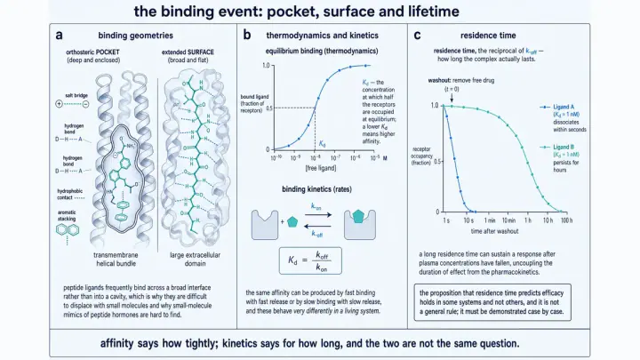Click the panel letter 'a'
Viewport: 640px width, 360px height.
click(x=60, y=36)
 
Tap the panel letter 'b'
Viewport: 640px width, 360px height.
click(x=247, y=35)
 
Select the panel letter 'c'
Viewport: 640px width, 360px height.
click(x=417, y=36)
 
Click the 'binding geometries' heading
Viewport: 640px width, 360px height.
click(x=135, y=36)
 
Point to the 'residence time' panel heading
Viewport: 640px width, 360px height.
click(x=488, y=36)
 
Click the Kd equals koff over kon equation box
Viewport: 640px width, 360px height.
click(x=310, y=260)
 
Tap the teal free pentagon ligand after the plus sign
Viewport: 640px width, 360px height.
click(x=292, y=221)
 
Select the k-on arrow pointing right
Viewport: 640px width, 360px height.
click(x=318, y=215)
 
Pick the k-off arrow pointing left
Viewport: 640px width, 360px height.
click(x=317, y=226)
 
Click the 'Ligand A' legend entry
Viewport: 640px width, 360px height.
click(x=564, y=107)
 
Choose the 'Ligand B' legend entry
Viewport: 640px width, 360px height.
click(x=564, y=147)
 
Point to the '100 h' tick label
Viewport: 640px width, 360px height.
click(x=566, y=220)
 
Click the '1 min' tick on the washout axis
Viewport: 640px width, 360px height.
click(x=490, y=220)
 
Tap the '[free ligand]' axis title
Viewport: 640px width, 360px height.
click(x=321, y=168)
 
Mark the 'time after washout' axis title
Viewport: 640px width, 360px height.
click(x=495, y=231)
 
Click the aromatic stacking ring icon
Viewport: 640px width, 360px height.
click(x=67, y=230)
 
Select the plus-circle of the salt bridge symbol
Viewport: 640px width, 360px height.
click(x=60, y=104)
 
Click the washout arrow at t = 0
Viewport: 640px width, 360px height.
click(x=452, y=98)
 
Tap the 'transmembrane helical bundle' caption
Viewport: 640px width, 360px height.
click(x=116, y=260)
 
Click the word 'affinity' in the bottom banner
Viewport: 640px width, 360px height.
click(x=116, y=344)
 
